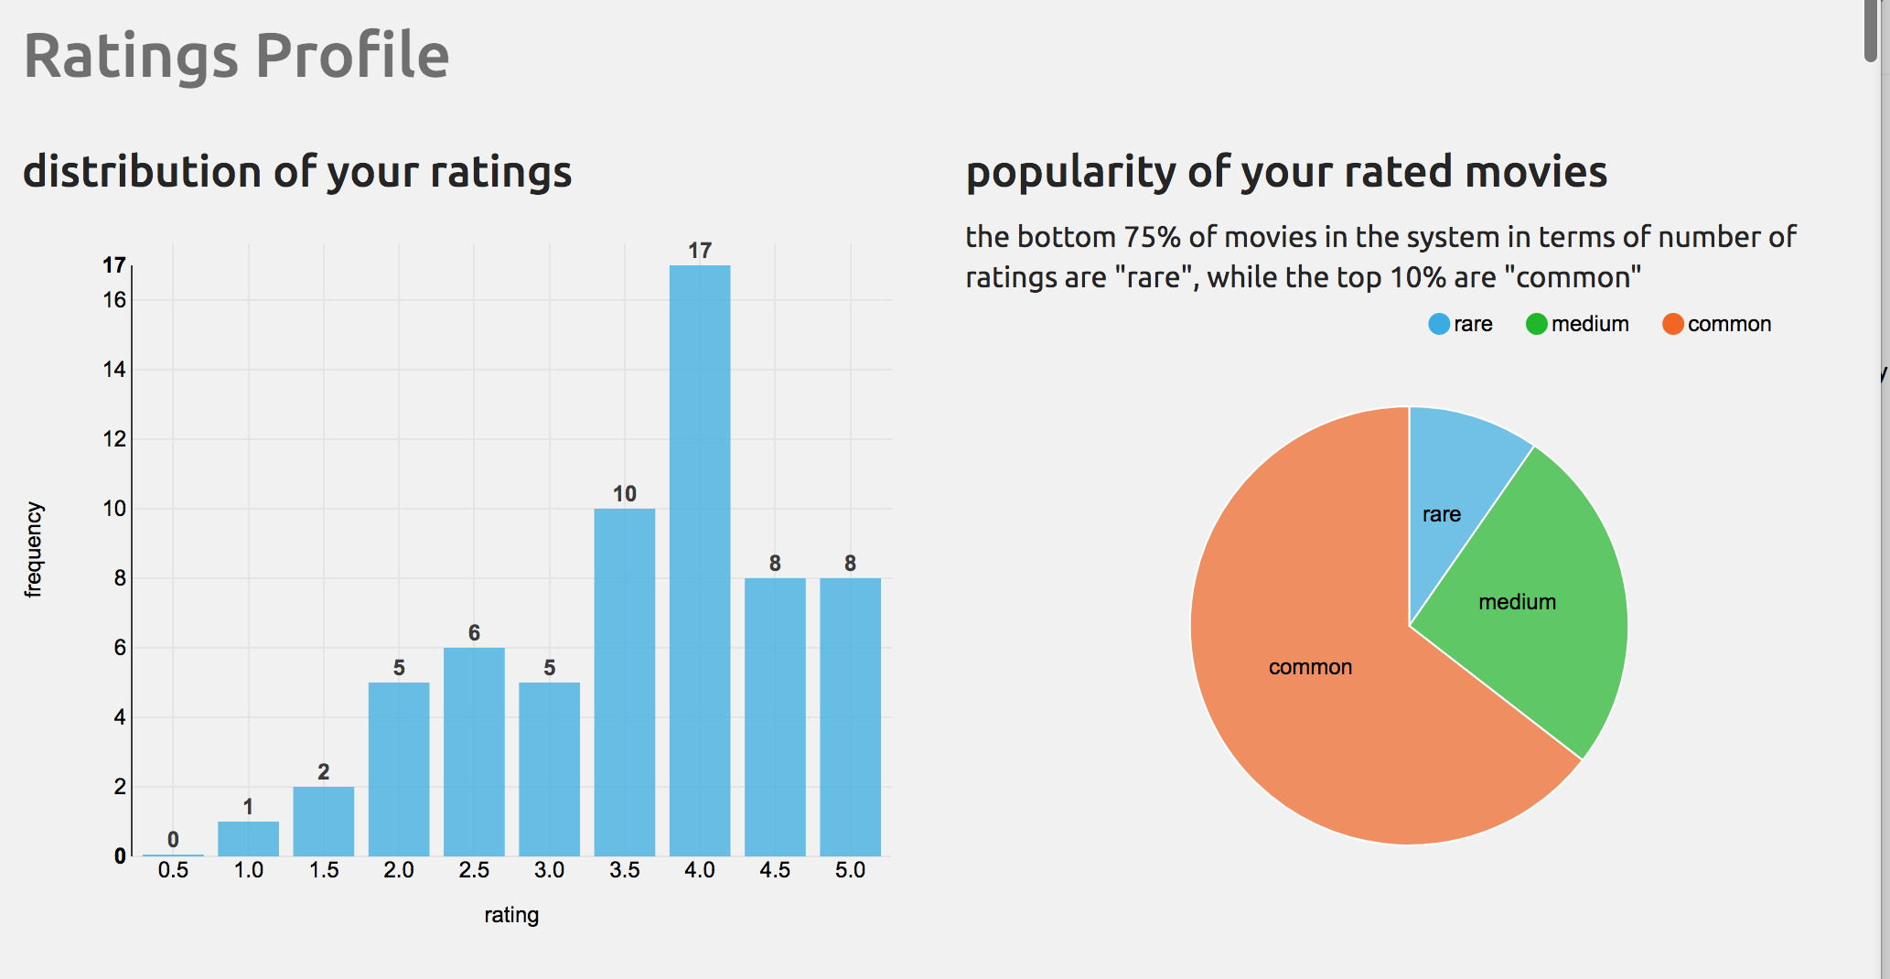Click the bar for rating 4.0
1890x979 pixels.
pos(700,560)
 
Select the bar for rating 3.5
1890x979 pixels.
pos(625,682)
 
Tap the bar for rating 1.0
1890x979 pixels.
pos(248,838)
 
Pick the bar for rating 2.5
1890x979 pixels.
pos(474,751)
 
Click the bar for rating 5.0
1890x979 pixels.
pos(850,716)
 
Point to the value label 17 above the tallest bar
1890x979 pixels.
pos(700,251)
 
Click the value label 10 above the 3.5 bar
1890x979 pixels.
pos(625,494)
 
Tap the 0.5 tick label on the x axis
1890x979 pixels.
pos(173,870)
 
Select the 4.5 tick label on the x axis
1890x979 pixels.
pos(775,870)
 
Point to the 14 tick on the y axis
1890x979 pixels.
pos(114,370)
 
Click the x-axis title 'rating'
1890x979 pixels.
pos(511,915)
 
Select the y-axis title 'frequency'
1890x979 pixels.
pos(34,549)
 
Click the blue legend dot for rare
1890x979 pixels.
pos(1439,324)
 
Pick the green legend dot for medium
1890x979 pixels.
pos(1537,324)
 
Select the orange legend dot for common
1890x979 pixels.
pos(1672,324)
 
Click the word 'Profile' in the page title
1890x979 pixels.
pos(352,57)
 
